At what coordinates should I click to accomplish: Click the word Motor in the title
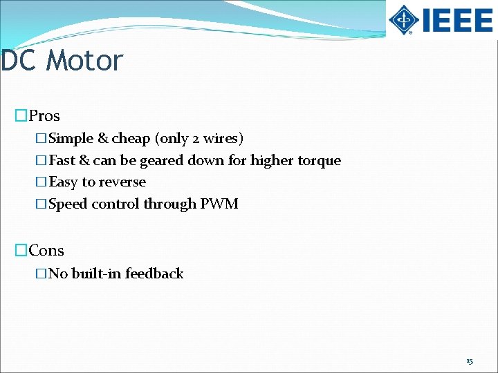click(85, 61)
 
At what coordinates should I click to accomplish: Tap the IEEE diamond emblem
click(403, 19)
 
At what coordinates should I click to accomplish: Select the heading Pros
click(44, 116)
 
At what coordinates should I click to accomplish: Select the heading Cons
click(46, 251)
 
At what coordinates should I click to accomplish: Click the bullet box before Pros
click(21, 116)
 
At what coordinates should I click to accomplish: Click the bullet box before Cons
click(21, 251)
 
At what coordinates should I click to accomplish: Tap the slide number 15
click(470, 361)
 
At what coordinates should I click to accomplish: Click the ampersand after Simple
click(103, 139)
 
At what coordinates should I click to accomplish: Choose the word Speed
click(68, 204)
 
